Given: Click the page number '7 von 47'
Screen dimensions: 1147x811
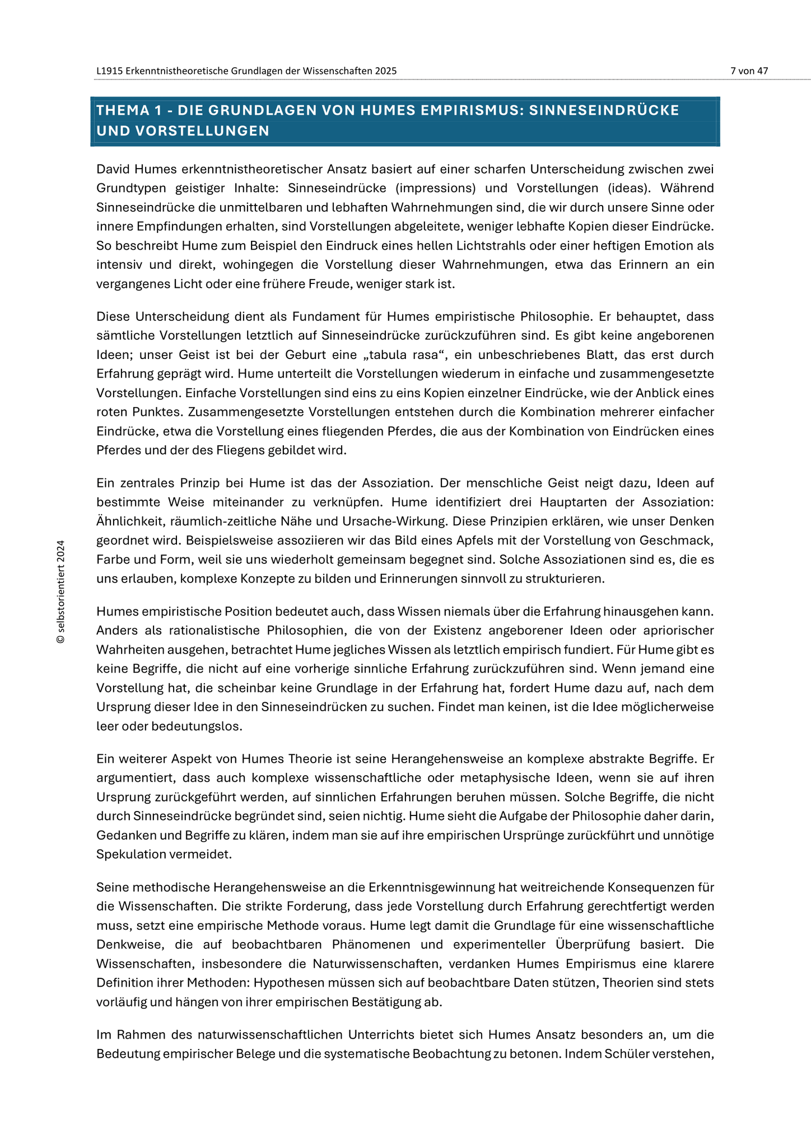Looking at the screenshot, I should tap(749, 71).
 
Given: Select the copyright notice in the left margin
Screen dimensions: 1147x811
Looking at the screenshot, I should tap(61, 591).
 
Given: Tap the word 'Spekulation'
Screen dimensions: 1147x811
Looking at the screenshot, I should tap(130, 854).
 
